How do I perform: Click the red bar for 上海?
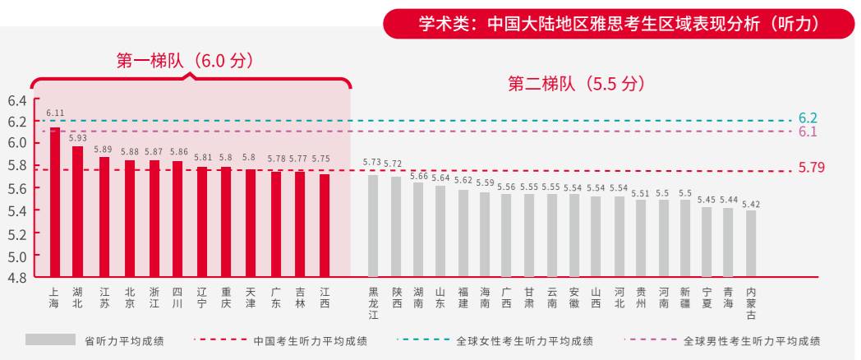[55, 201]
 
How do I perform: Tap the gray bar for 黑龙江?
[373, 225]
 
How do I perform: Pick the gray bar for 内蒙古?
[751, 243]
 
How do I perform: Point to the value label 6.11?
[55, 113]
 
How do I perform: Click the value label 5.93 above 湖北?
[78, 138]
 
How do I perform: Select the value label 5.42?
[751, 203]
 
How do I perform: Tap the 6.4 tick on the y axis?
[17, 101]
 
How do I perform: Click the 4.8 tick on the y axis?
[17, 277]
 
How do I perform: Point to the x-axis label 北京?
[130, 298]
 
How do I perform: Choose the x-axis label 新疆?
[685, 298]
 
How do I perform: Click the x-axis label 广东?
[276, 298]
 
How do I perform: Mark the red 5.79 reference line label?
[811, 168]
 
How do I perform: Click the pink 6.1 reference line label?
[808, 132]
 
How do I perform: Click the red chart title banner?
[619, 24]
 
